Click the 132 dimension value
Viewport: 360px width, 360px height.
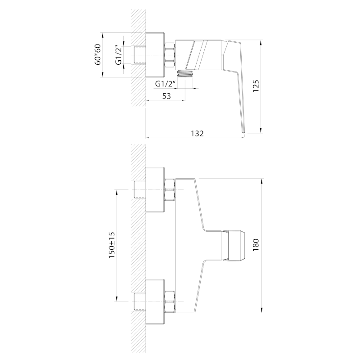[x=197, y=133]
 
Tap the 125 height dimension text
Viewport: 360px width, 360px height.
[x=256, y=85]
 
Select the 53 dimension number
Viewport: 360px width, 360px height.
[x=166, y=96]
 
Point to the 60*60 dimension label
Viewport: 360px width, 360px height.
[x=98, y=54]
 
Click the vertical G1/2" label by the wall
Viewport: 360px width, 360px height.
[x=118, y=55]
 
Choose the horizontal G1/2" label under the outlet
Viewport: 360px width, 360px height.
[x=165, y=84]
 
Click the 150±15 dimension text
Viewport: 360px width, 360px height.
[x=112, y=245]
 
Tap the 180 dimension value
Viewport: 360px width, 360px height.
[x=256, y=245]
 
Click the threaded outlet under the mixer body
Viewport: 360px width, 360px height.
[x=185, y=73]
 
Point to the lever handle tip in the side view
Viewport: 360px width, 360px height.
[x=243, y=132]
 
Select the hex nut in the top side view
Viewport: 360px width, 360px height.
[x=170, y=55]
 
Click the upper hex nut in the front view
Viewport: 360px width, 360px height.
[x=170, y=189]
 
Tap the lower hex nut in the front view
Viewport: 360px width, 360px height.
[x=170, y=301]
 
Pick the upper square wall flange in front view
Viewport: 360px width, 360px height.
[x=155, y=189]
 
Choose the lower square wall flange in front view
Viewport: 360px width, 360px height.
[x=155, y=301]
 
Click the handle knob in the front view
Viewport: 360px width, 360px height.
[x=233, y=246]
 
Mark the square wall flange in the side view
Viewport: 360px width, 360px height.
[x=155, y=55]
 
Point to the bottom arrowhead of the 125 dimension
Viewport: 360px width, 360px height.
[x=261, y=130]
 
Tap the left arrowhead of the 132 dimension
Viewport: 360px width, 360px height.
[x=149, y=138]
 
